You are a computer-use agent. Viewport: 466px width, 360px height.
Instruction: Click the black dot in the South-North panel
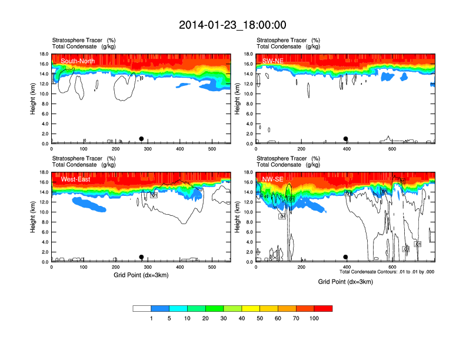click(x=141, y=139)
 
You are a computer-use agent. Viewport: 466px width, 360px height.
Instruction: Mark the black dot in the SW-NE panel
click(x=346, y=139)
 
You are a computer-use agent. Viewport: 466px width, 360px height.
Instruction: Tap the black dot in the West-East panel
click(x=141, y=257)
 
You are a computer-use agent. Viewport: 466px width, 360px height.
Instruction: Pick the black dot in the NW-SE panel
click(x=346, y=257)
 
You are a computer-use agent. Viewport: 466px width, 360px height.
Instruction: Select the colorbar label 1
click(x=151, y=318)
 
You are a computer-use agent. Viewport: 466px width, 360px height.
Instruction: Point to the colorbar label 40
click(x=242, y=318)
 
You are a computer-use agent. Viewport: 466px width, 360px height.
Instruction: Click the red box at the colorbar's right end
click(x=324, y=308)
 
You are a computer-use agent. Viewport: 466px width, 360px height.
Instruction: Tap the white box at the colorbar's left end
click(x=142, y=308)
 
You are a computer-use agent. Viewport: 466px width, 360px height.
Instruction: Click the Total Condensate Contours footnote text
click(x=387, y=272)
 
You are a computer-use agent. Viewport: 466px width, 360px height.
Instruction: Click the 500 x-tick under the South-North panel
click(x=212, y=149)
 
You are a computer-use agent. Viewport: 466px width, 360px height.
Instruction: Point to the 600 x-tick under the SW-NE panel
click(x=392, y=149)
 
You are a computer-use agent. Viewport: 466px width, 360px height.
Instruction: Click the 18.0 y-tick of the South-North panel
click(x=44, y=54)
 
